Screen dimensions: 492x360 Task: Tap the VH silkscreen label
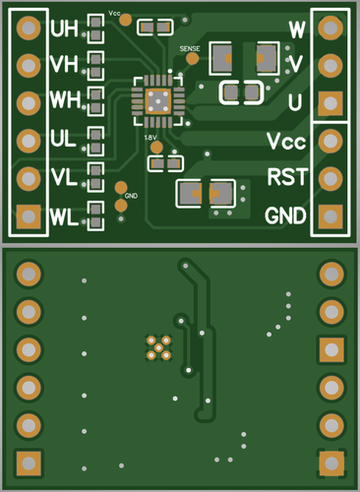point(65,65)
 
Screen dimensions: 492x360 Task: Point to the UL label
point(64,140)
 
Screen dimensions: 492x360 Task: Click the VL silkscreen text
point(64,177)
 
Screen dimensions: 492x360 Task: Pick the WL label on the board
point(64,215)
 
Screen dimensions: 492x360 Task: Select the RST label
point(286,177)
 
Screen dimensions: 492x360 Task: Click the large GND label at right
point(285,215)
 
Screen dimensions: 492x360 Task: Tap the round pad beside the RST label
point(330,177)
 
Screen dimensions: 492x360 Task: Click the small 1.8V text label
point(153,138)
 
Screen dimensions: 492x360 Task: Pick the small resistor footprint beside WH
point(95,100)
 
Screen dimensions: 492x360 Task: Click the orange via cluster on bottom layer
point(158,346)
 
